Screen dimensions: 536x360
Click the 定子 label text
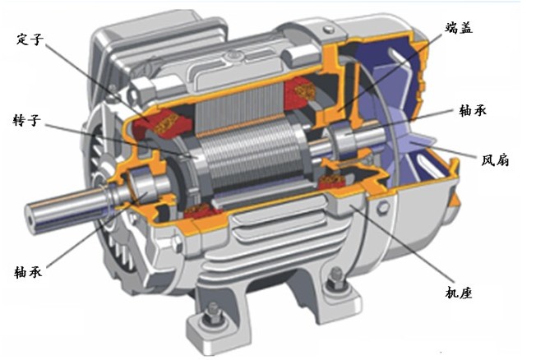pyautogui.click(x=30, y=39)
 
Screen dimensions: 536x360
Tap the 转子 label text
pyautogui.click(x=27, y=120)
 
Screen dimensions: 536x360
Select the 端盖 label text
pyautogui.click(x=459, y=28)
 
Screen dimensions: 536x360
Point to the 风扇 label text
pyautogui.click(x=496, y=159)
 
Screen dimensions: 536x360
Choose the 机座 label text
pyautogui.click(x=459, y=293)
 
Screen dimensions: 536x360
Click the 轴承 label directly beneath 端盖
pyautogui.click(x=473, y=110)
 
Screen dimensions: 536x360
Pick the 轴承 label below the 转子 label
pyautogui.click(x=28, y=272)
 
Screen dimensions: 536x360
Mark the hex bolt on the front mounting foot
pyautogui.click(x=214, y=313)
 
